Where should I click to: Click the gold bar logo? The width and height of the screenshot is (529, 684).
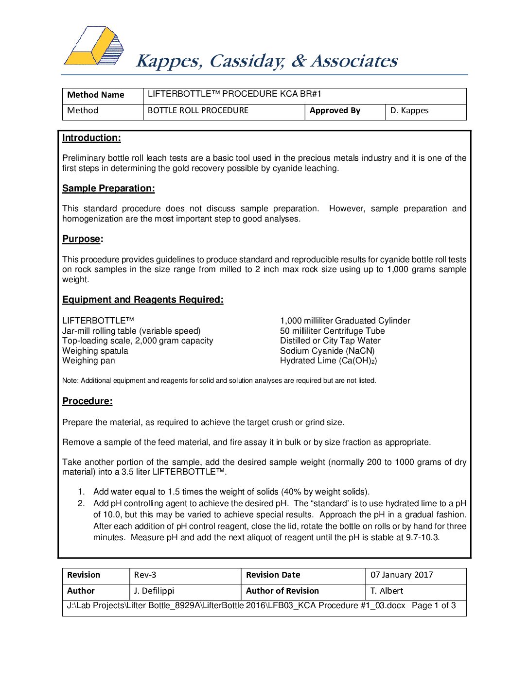(94, 47)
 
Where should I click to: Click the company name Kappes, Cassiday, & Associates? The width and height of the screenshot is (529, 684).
(266, 61)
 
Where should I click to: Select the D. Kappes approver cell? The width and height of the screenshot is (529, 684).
(409, 111)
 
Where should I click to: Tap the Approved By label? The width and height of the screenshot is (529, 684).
(335, 111)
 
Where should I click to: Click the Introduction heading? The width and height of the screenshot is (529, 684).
(91, 138)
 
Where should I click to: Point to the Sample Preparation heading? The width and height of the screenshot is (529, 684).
(108, 188)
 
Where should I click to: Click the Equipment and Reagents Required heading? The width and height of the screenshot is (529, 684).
(142, 300)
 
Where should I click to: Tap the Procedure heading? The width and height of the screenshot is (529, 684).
(87, 401)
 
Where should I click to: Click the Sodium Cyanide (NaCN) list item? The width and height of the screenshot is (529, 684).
(327, 351)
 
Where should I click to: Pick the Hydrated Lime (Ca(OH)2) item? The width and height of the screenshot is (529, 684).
(328, 360)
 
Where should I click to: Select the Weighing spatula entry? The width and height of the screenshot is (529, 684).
(95, 351)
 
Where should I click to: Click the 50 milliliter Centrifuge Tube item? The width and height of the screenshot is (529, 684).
(332, 331)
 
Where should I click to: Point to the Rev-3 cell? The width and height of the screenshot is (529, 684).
(145, 575)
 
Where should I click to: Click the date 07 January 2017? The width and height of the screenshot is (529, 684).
(402, 575)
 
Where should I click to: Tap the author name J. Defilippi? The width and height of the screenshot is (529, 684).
(154, 591)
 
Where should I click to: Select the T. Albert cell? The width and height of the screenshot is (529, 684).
(387, 591)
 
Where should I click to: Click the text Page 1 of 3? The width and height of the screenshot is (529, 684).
(434, 606)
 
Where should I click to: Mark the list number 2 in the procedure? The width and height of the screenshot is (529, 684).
(81, 503)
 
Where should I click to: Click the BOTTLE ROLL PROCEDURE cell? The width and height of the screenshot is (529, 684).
(198, 111)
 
